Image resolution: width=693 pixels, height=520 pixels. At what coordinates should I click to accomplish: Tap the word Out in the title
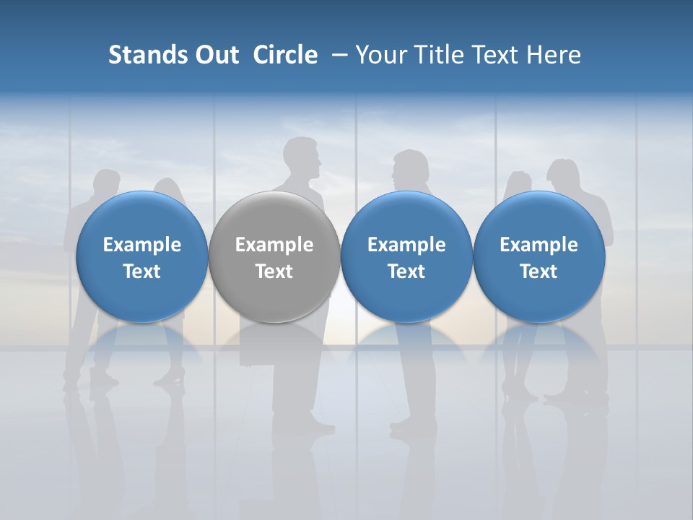click(x=215, y=55)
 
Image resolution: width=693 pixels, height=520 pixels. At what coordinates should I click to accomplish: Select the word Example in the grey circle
click(x=274, y=245)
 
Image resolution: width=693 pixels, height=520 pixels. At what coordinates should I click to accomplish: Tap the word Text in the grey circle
click(x=274, y=272)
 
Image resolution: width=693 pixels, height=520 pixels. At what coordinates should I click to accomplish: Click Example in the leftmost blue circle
click(x=142, y=245)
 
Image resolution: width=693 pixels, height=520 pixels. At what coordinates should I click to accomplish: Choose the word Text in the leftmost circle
click(x=142, y=272)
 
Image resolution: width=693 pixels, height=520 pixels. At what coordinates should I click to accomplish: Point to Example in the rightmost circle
click(x=539, y=245)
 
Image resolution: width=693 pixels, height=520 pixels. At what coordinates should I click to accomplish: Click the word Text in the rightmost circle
click(x=539, y=272)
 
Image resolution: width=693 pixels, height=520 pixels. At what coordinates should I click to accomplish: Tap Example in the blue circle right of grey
click(x=406, y=245)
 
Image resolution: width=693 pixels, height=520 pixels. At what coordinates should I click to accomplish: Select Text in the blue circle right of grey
click(x=406, y=272)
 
